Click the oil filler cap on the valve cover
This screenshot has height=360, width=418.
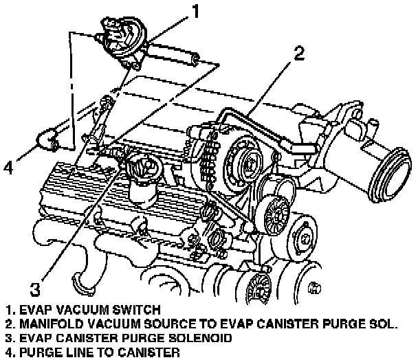(x=142, y=170)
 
